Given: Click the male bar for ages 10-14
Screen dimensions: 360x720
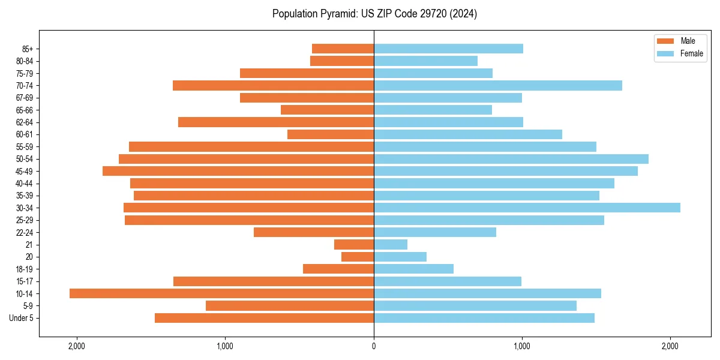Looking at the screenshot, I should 221,293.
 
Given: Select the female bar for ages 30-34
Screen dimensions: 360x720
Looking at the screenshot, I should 527,208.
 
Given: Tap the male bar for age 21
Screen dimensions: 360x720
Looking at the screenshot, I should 354,245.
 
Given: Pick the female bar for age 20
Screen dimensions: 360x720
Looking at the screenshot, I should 400,257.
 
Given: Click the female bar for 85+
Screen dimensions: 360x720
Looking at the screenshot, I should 448,49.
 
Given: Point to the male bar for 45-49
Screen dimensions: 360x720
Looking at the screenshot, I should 238,171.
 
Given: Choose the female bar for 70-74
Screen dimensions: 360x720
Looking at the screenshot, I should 498,85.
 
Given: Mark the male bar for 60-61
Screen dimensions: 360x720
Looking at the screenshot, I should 331,134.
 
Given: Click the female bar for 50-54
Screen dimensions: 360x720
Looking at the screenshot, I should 511,159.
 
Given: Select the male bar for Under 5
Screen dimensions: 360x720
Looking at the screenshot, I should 264,318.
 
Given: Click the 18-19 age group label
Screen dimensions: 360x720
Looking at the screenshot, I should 25,269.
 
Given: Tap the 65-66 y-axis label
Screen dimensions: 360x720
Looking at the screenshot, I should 25,110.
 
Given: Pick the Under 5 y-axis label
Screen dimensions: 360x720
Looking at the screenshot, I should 22,318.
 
